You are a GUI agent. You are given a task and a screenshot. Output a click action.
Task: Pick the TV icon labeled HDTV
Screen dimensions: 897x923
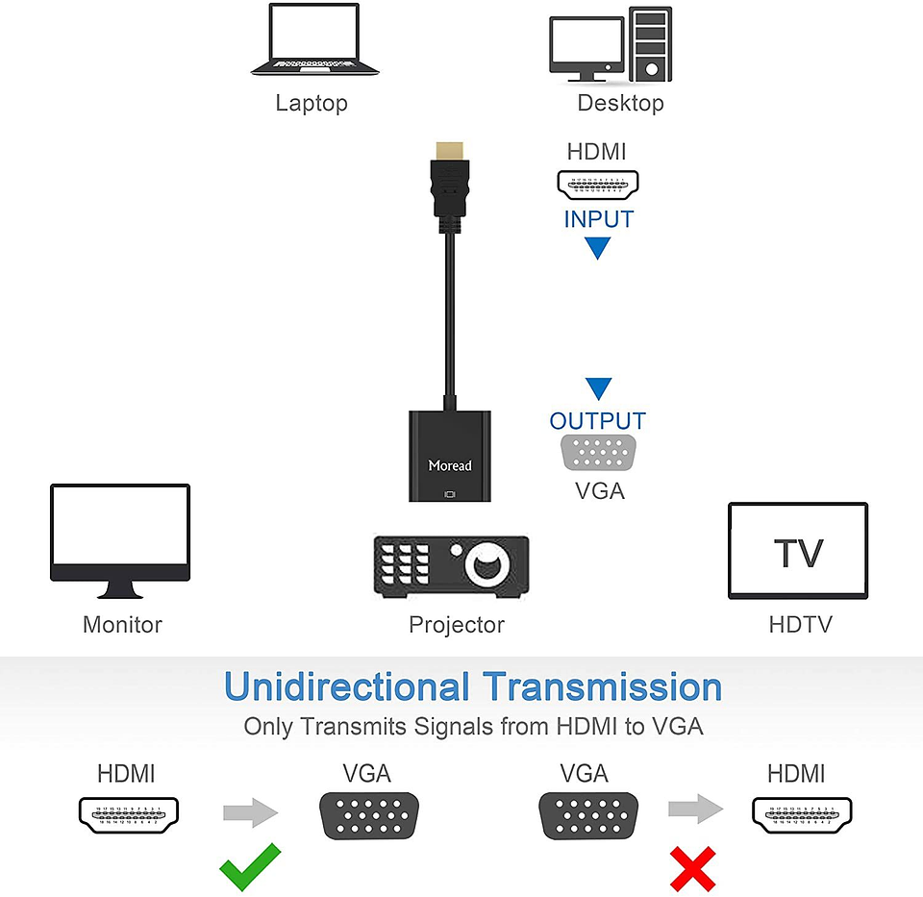coord(798,551)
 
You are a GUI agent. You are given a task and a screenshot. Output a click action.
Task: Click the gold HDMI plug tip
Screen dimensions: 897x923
coord(449,152)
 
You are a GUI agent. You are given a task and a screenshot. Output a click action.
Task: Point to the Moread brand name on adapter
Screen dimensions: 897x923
coord(450,465)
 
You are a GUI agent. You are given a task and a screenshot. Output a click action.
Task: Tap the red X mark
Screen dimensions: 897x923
coord(693,868)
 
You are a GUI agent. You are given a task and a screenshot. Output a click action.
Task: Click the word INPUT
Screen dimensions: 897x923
coord(598,219)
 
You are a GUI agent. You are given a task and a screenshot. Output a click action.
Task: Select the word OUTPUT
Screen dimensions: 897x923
coord(598,421)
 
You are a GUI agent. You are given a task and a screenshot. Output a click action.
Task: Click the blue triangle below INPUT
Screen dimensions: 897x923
coord(598,248)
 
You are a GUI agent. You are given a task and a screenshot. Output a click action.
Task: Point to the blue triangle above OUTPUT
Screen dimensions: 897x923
coord(598,388)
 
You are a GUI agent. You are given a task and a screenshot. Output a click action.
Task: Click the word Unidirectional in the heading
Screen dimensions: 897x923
coord(346,687)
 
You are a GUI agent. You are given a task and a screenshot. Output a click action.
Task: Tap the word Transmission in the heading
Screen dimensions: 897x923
coord(602,687)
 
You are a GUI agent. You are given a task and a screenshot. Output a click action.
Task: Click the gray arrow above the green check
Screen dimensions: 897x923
coord(251,813)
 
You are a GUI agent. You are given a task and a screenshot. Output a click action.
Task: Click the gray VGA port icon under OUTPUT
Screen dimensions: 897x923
coord(598,452)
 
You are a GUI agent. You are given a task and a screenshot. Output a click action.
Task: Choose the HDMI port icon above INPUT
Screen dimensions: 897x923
coord(598,184)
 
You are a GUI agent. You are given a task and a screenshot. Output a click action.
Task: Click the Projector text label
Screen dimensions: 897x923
coord(457,625)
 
